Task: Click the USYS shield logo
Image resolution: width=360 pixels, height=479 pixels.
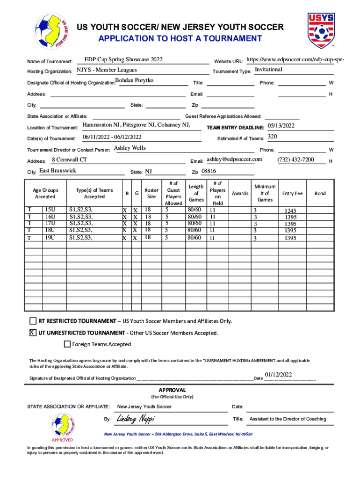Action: (321, 31)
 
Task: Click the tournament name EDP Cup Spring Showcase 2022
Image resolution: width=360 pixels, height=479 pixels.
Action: (123, 60)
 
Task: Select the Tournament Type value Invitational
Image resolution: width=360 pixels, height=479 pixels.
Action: (268, 70)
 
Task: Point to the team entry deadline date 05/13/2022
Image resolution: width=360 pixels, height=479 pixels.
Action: (281, 126)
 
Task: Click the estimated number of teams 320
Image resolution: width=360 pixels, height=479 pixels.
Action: (272, 137)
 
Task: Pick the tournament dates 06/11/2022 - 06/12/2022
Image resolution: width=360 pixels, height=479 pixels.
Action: (112, 137)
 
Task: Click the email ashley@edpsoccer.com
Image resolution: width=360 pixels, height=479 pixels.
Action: (234, 160)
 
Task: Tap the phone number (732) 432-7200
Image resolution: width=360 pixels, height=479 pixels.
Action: (295, 160)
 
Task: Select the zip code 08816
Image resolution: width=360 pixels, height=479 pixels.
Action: (209, 171)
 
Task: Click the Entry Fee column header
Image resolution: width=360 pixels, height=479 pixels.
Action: (293, 194)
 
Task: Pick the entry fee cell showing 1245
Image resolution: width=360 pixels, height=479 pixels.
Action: (290, 211)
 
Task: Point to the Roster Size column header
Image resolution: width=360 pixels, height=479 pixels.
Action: (151, 194)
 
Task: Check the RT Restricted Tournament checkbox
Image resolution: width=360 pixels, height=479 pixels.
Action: (33, 321)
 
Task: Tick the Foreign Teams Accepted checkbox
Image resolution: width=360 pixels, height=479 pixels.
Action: (67, 345)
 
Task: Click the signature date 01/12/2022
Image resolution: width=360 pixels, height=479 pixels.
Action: (278, 375)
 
